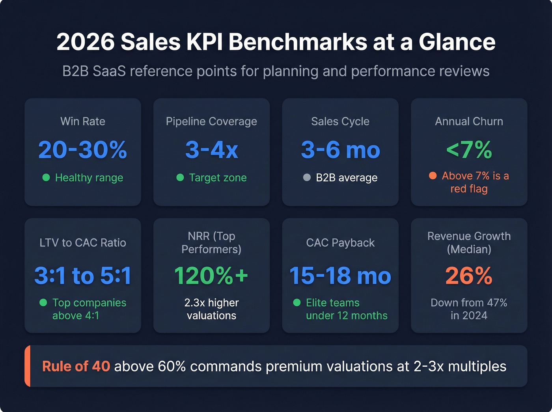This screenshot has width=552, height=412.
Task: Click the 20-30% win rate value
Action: tap(82, 150)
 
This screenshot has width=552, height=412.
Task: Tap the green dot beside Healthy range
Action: tap(46, 177)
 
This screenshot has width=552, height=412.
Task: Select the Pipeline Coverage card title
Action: tap(211, 121)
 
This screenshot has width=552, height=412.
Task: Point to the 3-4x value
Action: tap(211, 150)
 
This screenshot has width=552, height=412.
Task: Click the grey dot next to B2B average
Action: tap(307, 177)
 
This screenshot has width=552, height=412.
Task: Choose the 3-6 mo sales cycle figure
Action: tap(340, 150)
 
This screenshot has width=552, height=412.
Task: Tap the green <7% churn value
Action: tap(469, 150)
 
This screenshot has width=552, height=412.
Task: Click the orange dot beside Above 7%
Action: tap(433, 176)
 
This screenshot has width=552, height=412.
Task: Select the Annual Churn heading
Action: tap(469, 121)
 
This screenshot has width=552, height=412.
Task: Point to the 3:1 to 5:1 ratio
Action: tap(82, 276)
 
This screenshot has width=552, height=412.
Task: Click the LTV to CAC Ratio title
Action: tap(82, 243)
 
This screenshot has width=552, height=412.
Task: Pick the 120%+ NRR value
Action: tap(211, 276)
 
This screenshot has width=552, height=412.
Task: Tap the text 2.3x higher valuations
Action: tap(211, 309)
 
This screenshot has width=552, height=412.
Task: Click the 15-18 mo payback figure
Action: tap(340, 276)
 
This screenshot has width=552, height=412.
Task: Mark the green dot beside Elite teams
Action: tap(297, 302)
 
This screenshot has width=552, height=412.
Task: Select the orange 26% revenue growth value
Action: tap(469, 276)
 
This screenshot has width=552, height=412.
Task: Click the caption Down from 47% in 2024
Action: tap(469, 309)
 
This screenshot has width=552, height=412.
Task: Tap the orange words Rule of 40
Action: tap(76, 366)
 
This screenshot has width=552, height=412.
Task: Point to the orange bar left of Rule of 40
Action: tap(27, 366)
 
